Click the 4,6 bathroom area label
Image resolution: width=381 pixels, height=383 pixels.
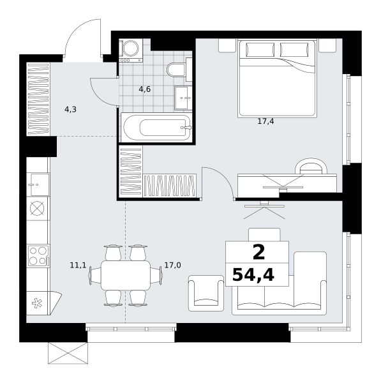(x=145, y=89)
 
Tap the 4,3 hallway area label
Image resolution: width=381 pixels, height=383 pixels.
(x=70, y=109)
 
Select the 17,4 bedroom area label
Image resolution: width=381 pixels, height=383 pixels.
(x=265, y=121)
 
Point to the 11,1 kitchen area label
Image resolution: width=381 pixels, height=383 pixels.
(x=78, y=265)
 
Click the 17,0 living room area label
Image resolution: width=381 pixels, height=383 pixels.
(x=173, y=265)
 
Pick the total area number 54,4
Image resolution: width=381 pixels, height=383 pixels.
(x=253, y=274)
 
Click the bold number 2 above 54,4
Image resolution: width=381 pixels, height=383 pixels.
(x=259, y=253)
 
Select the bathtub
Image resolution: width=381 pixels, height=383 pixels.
(x=157, y=127)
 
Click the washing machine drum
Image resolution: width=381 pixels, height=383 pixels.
(x=131, y=48)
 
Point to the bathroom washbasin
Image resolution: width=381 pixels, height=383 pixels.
(x=181, y=98)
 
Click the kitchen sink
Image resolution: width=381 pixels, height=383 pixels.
(x=40, y=184)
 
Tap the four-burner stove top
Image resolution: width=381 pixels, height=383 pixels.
(x=38, y=256)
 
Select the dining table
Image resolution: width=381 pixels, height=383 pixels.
(x=126, y=275)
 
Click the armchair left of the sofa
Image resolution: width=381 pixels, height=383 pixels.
(x=206, y=293)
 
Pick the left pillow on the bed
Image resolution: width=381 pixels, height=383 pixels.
(x=260, y=50)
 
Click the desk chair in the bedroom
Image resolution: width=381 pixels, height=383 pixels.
(x=311, y=166)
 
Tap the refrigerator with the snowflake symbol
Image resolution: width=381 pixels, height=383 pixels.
(x=43, y=303)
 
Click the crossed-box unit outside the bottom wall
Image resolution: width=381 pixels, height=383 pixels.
(x=68, y=353)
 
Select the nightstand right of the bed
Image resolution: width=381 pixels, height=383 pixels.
(x=327, y=45)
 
